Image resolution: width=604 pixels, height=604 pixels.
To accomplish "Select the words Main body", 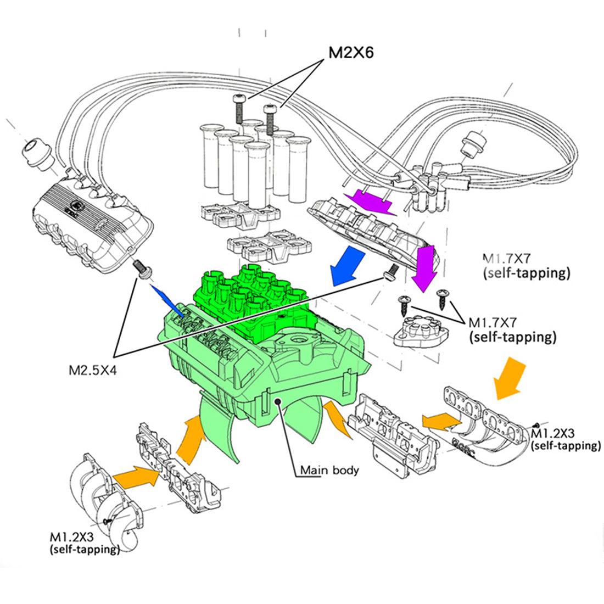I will point(329,470).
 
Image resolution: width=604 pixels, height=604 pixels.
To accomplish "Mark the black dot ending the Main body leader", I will point(279,402).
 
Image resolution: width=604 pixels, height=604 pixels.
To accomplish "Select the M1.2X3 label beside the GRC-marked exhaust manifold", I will point(566,439).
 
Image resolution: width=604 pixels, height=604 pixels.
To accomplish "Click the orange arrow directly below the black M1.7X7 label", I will point(509,378).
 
